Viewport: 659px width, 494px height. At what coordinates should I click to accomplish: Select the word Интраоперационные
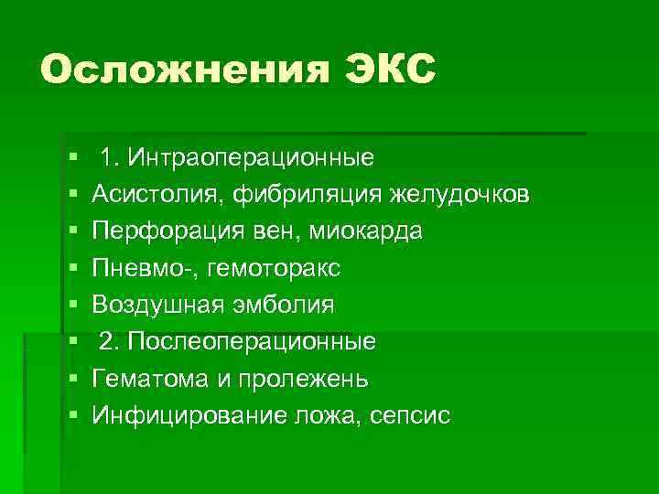tap(251, 157)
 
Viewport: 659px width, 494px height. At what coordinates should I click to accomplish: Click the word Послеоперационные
tap(252, 342)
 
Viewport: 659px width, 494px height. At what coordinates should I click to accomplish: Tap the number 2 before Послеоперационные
tap(107, 342)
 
